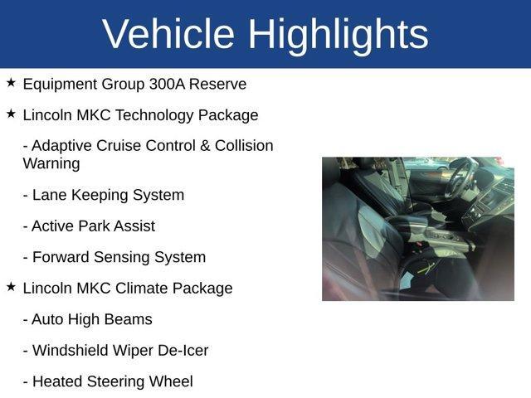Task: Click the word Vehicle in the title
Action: [168, 35]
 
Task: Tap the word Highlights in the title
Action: [338, 35]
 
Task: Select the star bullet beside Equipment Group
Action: [11, 83]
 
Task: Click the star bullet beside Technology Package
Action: [11, 114]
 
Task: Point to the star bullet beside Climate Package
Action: [11, 287]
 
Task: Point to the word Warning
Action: [51, 163]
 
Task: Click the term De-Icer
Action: [182, 351]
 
